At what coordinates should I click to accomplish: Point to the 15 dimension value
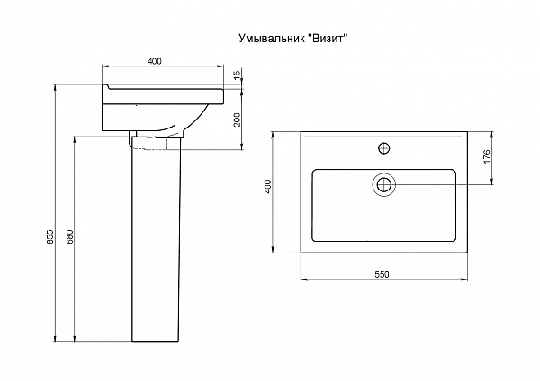(x=237, y=75)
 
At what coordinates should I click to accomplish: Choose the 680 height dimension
(x=70, y=241)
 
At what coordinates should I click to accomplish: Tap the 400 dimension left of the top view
(x=268, y=187)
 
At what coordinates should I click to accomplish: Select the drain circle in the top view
(x=384, y=184)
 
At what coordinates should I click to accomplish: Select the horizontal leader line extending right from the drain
(x=441, y=184)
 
